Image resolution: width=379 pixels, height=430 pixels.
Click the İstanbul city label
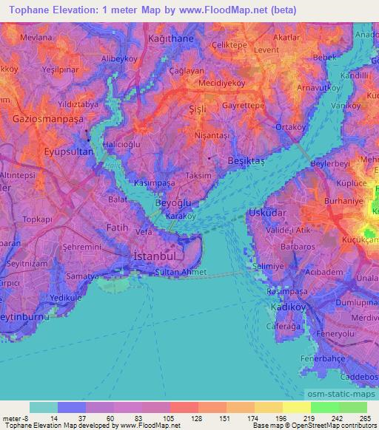click(x=156, y=255)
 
